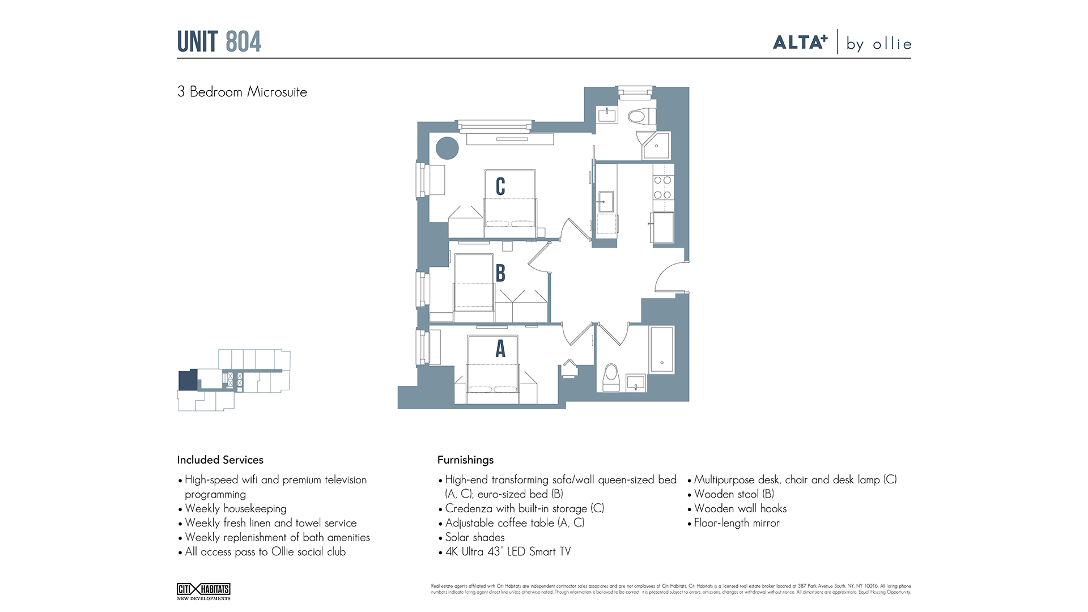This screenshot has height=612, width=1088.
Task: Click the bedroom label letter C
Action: pos(500,186)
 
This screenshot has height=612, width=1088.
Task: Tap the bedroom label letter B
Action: pos(500,273)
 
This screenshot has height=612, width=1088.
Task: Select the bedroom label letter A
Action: pos(500,348)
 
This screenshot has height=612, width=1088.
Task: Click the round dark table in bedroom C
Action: pos(447,148)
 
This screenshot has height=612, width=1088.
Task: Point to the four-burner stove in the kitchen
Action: pos(663,188)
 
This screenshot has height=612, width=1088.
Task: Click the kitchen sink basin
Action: pos(606,201)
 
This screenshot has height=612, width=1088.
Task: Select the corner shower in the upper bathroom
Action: pos(656,146)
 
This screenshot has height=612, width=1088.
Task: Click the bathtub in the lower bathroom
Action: pos(661,349)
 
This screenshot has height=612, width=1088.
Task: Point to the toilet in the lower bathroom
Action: pos(611,376)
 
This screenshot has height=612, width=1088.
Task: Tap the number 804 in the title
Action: pos(243,42)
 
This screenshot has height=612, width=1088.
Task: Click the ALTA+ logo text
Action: pos(800,42)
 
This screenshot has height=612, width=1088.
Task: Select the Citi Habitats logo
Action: pos(203,591)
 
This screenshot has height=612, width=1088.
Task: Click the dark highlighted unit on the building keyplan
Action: pos(188,380)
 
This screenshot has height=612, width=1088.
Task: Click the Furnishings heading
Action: pos(465,460)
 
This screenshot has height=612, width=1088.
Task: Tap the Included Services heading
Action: pos(220,460)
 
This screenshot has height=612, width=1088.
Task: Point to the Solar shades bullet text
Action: pos(475,537)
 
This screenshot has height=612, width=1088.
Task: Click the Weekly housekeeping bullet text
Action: pos(236,508)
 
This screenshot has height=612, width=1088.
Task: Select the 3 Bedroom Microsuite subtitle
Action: pos(242,92)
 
